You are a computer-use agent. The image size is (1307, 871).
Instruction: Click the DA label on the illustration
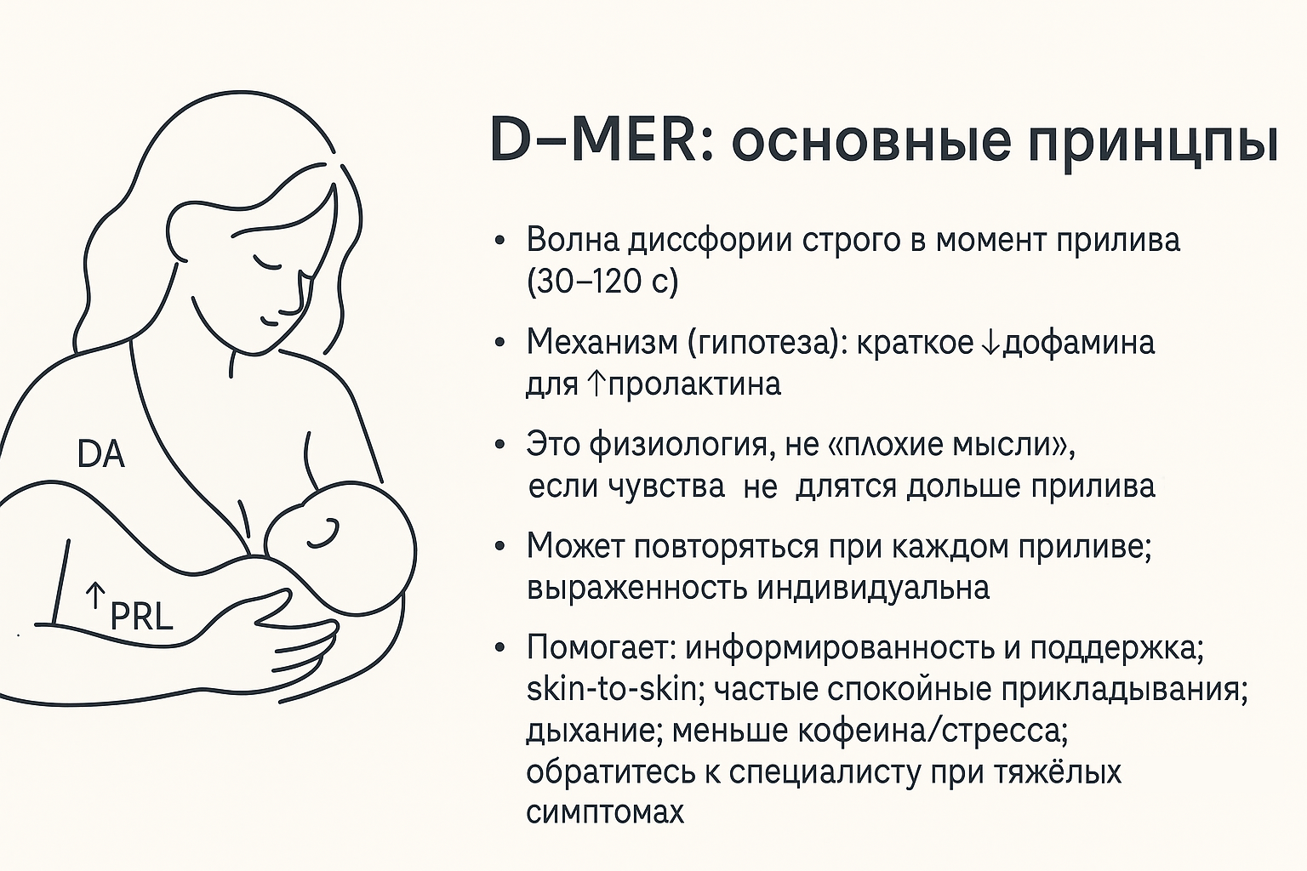[101, 454]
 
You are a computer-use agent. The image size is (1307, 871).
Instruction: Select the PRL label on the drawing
[141, 616]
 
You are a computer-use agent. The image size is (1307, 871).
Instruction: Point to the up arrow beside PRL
[95, 595]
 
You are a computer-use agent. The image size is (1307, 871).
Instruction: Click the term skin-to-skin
[611, 690]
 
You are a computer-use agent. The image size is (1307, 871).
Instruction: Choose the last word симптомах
[605, 812]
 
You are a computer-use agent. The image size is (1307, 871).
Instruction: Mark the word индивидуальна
[874, 588]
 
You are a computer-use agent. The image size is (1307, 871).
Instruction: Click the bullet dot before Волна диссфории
[499, 242]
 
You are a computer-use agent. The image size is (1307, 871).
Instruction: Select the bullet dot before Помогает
[499, 648]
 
